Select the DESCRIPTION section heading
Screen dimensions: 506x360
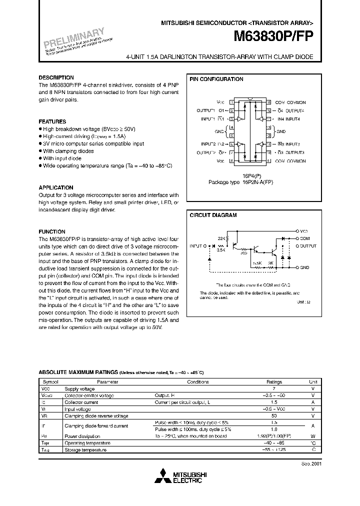pos(56,78)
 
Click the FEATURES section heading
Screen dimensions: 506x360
pos(52,121)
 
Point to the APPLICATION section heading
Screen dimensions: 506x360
pos(56,187)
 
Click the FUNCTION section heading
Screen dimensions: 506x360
pos(52,231)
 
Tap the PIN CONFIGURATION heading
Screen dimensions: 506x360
pos(216,79)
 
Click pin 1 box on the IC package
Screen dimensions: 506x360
pos(231,102)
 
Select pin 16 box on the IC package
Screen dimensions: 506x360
pos(269,102)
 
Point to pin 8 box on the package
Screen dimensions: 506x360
pos(231,161)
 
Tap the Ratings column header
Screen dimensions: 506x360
pos(274,381)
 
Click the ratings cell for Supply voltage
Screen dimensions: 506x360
pos(274,388)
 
